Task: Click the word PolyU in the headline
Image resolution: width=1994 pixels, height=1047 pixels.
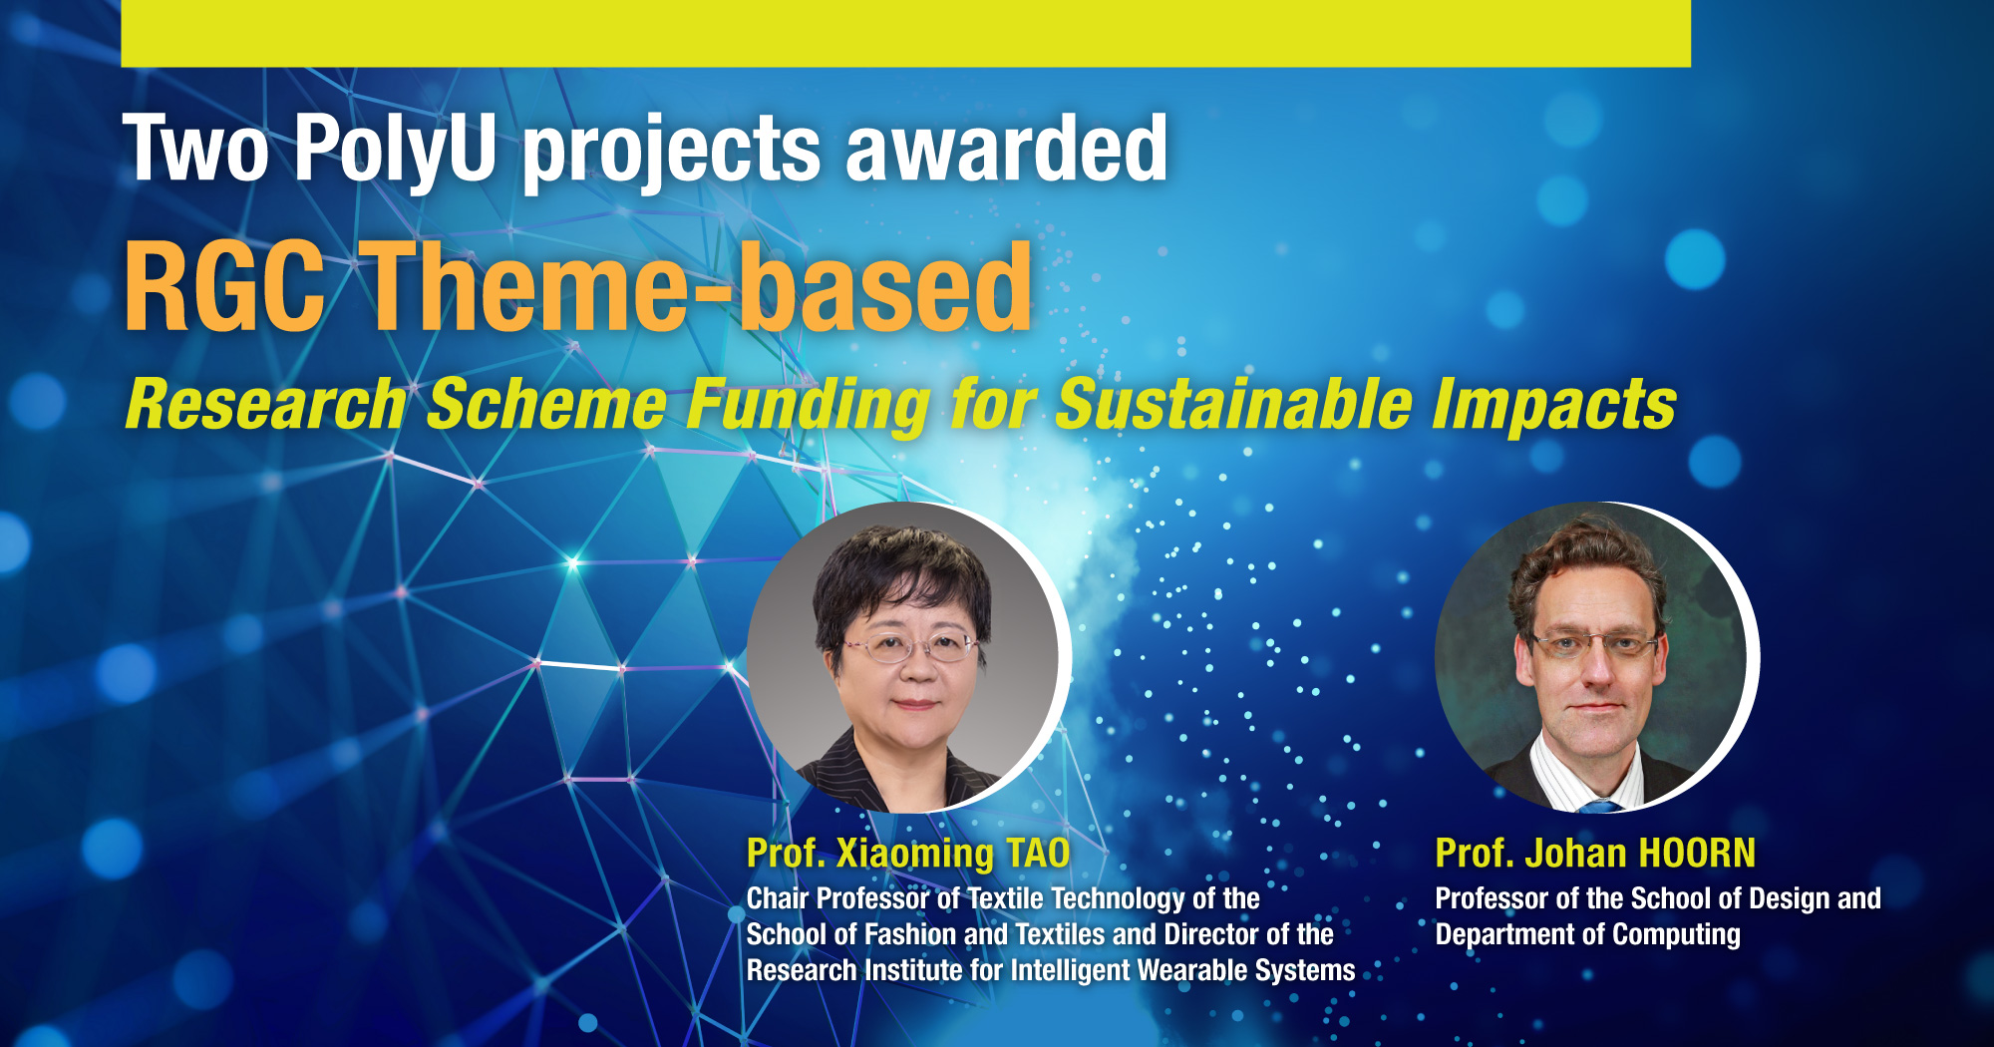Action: point(395,150)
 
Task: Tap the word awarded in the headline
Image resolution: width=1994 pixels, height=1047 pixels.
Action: point(1007,150)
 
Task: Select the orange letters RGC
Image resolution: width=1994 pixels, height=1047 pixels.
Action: point(224,289)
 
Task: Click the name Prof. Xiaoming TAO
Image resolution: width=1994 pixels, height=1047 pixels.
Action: point(907,854)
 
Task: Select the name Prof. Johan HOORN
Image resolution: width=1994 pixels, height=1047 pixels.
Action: point(1594,854)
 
